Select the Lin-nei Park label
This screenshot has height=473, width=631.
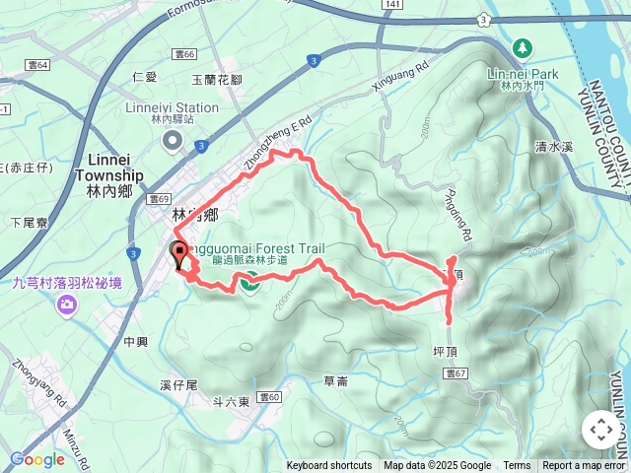[524, 73]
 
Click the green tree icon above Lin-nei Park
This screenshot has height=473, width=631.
[522, 47]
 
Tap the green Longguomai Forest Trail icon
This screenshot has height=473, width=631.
[248, 283]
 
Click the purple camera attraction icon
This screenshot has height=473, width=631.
[67, 304]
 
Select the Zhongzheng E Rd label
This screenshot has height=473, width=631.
[279, 142]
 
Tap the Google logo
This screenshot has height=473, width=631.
[37, 459]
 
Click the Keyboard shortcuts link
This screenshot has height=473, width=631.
[328, 466]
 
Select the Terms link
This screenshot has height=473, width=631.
[517, 466]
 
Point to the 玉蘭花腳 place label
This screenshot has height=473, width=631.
[216, 78]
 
